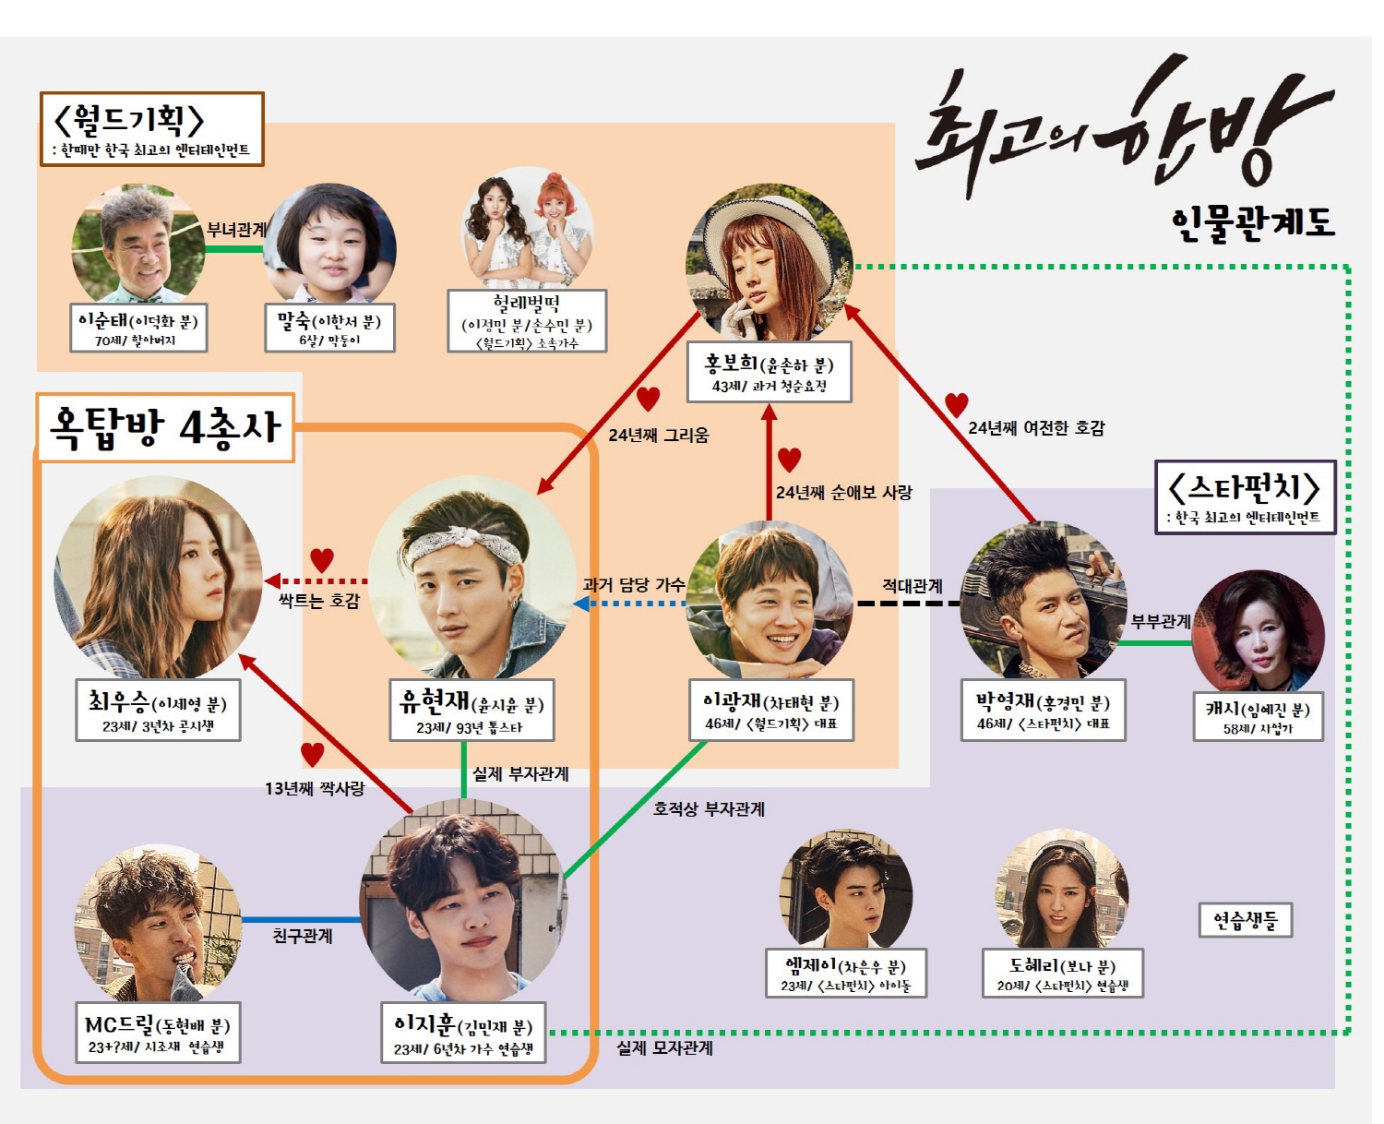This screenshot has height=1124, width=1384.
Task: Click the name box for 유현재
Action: [x=471, y=711]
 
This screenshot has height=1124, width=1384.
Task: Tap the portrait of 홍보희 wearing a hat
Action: [x=770, y=264]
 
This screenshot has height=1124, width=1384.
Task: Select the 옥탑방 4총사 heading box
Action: [x=165, y=427]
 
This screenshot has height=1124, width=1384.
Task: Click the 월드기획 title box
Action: [x=152, y=129]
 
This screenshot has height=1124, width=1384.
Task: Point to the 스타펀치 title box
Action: [x=1245, y=496]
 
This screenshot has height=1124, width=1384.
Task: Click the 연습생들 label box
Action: [x=1246, y=920]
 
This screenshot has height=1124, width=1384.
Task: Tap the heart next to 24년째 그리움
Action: [x=649, y=399]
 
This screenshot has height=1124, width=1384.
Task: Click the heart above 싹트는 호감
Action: [x=321, y=559]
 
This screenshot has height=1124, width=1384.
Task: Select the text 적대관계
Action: [x=912, y=585]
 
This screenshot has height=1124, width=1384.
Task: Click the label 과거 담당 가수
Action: [x=634, y=584]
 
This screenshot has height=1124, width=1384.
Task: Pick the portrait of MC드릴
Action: [x=158, y=923]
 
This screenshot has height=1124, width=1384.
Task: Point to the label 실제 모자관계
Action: [x=664, y=1048]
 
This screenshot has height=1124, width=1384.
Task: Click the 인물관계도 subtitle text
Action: [x=1253, y=222]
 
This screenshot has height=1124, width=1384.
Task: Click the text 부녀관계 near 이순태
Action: [x=236, y=229]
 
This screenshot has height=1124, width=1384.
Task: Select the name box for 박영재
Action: [x=1044, y=711]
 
